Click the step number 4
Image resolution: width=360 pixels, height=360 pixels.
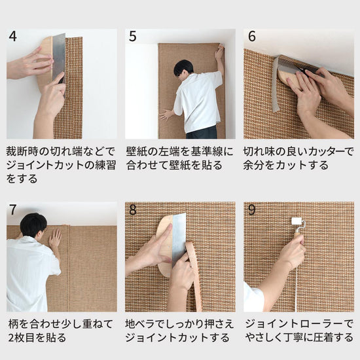click(x=13, y=37)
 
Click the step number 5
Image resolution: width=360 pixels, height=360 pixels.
click(x=132, y=37)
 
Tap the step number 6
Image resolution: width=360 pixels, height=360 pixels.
click(x=252, y=37)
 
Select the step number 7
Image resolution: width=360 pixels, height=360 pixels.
click(x=13, y=210)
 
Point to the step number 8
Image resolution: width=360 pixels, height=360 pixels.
click(x=132, y=210)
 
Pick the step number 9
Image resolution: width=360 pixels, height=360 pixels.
click(x=252, y=210)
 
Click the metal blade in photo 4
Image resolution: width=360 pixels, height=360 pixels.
click(x=58, y=56)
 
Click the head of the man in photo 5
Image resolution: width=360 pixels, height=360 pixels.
click(x=184, y=67)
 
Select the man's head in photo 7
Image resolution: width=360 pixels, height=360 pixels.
click(x=33, y=225)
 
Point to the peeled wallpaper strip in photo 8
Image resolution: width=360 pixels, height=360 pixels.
click(x=194, y=275)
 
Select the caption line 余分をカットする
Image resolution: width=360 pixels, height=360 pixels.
click(x=286, y=164)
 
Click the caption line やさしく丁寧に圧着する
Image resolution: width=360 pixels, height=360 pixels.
click(x=298, y=338)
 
